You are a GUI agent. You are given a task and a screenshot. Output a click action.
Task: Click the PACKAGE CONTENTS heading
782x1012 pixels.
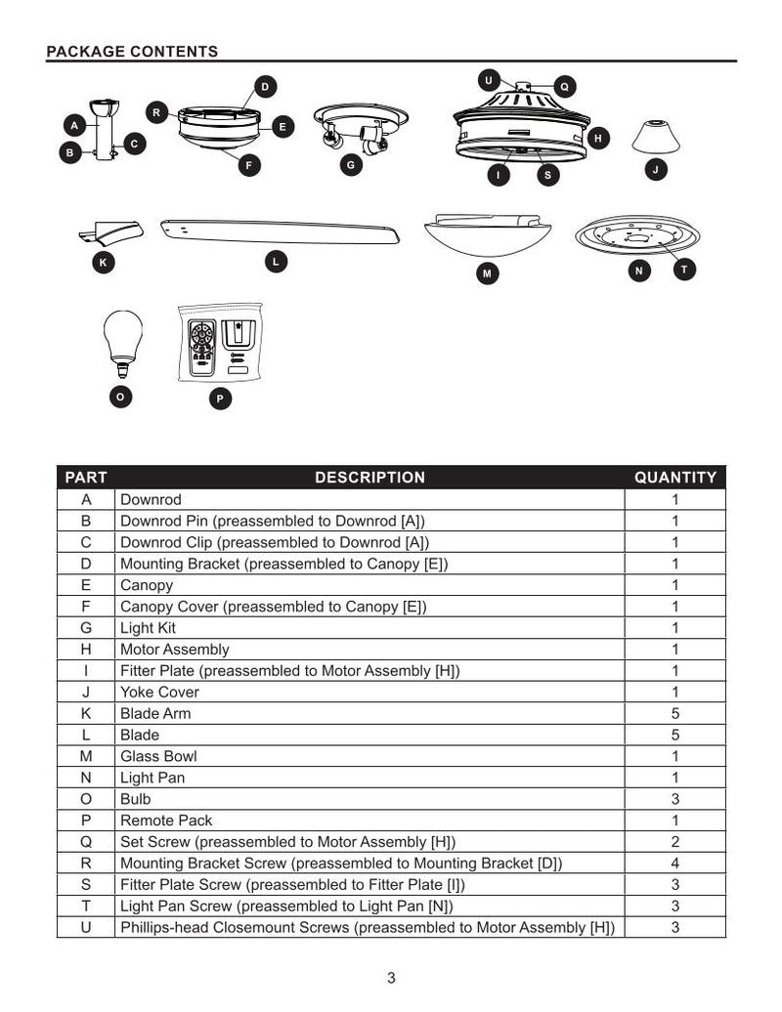coord(132,52)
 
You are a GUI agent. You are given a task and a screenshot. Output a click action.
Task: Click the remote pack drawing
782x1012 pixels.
coord(219,343)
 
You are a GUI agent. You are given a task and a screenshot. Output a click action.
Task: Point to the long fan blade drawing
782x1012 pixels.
coord(280,232)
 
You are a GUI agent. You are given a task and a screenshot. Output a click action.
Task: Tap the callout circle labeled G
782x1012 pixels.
coord(351,165)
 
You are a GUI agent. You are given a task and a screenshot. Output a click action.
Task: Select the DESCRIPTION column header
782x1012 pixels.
coord(369,478)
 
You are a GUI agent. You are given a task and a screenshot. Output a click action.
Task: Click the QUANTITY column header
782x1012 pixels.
coord(675,478)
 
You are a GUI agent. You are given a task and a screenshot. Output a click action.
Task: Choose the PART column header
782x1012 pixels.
coord(86,478)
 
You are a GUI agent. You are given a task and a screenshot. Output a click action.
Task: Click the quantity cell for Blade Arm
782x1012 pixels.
coord(675,713)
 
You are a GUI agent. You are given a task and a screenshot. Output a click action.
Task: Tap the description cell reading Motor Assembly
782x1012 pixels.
coord(175,650)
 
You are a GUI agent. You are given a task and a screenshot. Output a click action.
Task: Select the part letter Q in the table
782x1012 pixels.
coord(86,842)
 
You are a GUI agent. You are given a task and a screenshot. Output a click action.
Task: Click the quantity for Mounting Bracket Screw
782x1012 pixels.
coord(675,864)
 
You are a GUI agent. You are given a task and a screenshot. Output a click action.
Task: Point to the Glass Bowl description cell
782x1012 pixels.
coord(158,756)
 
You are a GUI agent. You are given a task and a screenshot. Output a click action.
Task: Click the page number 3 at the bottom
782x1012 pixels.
coord(391,979)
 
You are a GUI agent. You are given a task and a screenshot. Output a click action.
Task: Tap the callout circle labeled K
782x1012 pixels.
coord(103,262)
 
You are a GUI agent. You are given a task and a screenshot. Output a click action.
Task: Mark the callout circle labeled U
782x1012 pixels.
coord(489,79)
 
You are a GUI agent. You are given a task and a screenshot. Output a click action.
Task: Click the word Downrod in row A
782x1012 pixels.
coord(151,499)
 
